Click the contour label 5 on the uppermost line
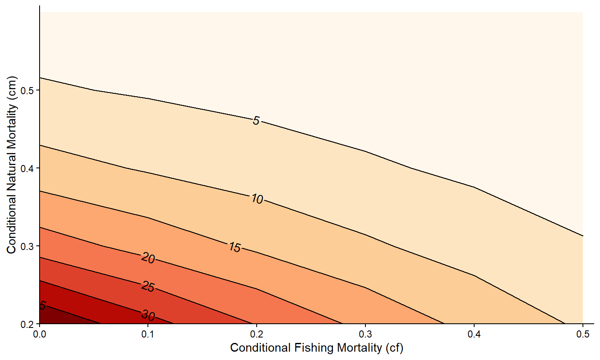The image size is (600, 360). [x=256, y=121]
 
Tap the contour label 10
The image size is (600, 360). [x=257, y=200]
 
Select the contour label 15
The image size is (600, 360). [x=235, y=247]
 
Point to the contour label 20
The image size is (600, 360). [x=148, y=259]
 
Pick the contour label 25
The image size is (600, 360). [x=148, y=287]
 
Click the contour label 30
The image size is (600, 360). [x=148, y=315]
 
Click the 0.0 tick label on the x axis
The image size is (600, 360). [x=40, y=334]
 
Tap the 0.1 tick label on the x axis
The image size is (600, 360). [x=148, y=334]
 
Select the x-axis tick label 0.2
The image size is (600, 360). [x=257, y=334]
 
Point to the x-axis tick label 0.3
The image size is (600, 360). [x=365, y=334]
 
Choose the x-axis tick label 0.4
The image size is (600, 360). [x=474, y=334]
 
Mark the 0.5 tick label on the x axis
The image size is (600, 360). [x=582, y=334]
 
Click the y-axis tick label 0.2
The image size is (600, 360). [x=27, y=324]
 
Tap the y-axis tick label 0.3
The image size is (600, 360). [x=27, y=246]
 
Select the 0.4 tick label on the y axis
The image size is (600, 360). [x=27, y=168]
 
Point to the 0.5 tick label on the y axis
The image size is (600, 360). [x=27, y=90]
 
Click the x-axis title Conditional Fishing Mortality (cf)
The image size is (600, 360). [x=316, y=347]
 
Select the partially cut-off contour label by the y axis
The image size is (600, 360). [x=42, y=306]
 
